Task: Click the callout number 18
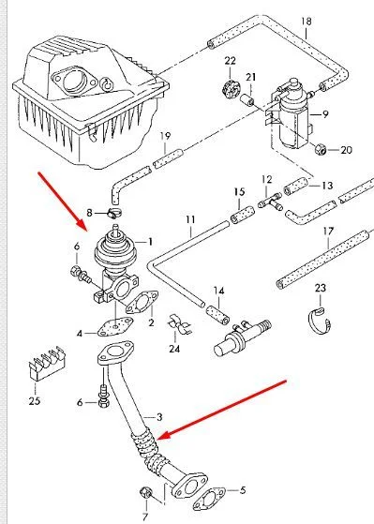click(306, 22)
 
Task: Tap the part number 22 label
click(230, 61)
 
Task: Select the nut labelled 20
click(321, 149)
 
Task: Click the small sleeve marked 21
click(247, 100)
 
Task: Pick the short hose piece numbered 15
click(243, 216)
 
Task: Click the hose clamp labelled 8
click(114, 213)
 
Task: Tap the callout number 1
click(150, 241)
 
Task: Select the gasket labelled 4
click(115, 325)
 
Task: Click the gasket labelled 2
click(142, 302)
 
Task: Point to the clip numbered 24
click(179, 324)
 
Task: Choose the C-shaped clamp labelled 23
click(320, 321)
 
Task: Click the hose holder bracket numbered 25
click(46, 363)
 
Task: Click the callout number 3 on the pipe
click(159, 417)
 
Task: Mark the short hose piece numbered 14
click(217, 315)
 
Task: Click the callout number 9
click(325, 114)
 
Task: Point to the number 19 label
click(165, 136)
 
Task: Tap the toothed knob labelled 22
click(230, 88)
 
